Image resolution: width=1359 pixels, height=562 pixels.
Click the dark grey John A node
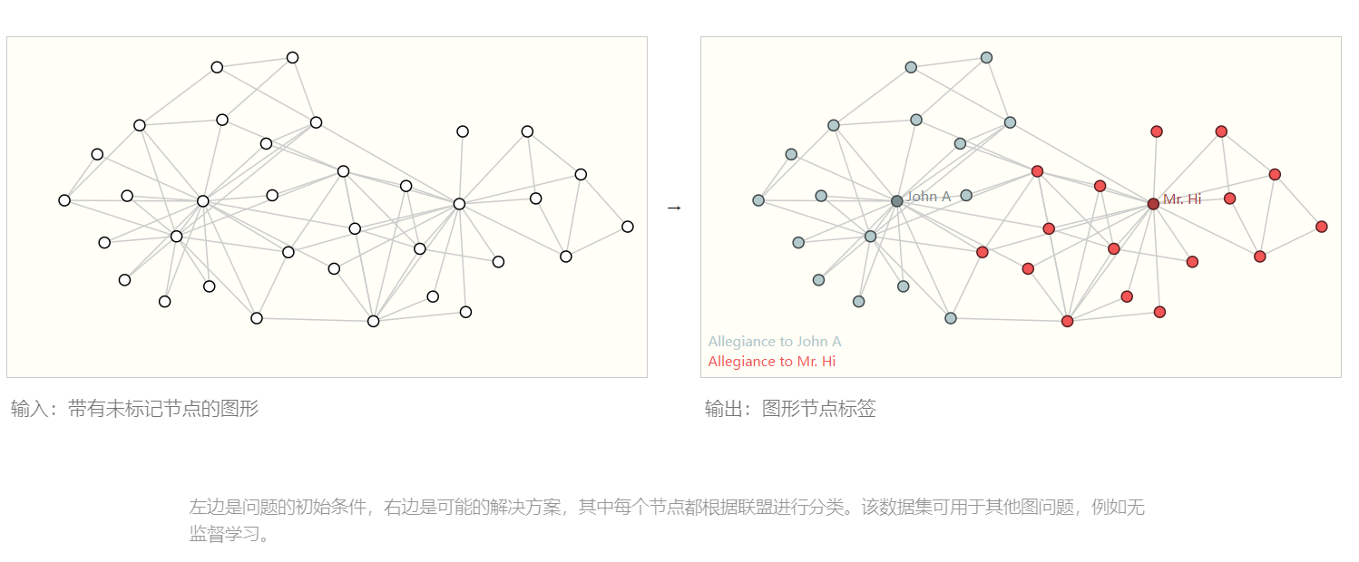click(896, 201)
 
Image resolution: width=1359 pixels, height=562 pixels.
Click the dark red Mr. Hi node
click(1153, 204)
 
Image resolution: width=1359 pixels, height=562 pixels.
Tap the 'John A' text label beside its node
click(928, 197)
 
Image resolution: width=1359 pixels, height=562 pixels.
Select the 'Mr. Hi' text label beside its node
click(1182, 199)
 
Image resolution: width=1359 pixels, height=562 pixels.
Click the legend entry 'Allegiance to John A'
click(775, 342)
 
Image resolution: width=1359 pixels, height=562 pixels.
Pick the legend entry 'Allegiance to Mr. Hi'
click(772, 362)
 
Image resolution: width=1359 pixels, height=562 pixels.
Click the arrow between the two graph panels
click(673, 208)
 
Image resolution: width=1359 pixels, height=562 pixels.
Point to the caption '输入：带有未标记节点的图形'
click(135, 409)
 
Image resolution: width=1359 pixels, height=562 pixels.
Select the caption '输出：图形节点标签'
click(790, 409)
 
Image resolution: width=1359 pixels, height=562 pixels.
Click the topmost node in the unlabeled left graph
click(292, 58)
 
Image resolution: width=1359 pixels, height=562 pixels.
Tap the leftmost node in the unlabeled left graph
click(64, 200)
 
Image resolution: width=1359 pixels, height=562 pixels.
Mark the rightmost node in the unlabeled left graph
click(627, 227)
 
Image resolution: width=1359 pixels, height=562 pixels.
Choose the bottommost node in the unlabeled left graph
click(373, 321)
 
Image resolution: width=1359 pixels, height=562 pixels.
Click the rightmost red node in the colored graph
click(1321, 227)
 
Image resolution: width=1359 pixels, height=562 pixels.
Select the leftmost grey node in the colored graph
click(758, 200)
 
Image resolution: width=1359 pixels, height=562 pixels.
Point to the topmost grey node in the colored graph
click(986, 58)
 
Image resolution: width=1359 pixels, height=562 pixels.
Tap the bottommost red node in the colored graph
click(1067, 321)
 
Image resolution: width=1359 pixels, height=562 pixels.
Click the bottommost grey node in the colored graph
click(951, 318)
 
